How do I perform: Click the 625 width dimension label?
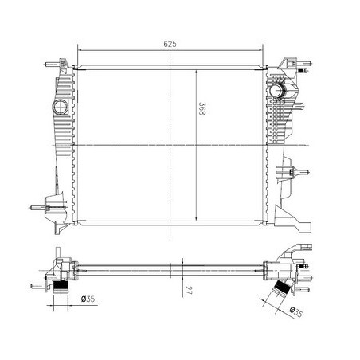click(x=170, y=44)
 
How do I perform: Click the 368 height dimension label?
click(x=202, y=108)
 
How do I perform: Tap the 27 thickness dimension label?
click(x=189, y=290)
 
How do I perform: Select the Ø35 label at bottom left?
click(x=88, y=299)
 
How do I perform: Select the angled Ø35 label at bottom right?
click(x=296, y=312)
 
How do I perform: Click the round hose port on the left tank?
click(x=61, y=107)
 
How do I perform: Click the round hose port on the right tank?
click(x=276, y=90)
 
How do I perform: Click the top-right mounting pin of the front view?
click(x=304, y=64)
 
